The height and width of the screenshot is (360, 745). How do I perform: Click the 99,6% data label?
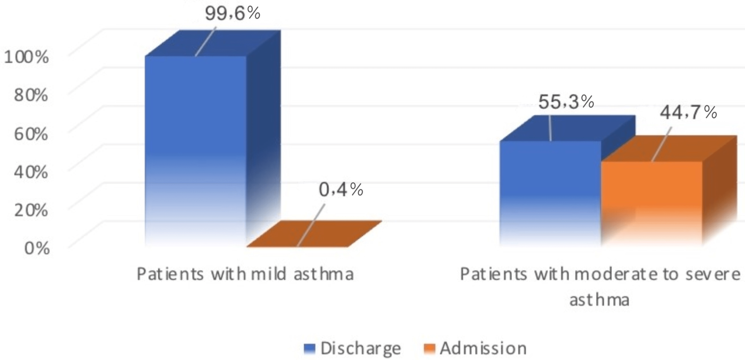coord(232,14)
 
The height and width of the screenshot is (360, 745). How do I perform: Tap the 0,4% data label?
coord(341,190)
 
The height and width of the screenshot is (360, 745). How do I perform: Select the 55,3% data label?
coord(566,102)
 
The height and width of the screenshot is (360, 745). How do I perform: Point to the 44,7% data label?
coord(688,112)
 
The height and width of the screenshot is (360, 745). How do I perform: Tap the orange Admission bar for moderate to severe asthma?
coord(652,202)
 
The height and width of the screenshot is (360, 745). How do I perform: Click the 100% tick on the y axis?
coord(26,57)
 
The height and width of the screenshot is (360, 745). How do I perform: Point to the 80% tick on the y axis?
coord(31,95)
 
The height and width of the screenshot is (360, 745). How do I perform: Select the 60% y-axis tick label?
coord(31,134)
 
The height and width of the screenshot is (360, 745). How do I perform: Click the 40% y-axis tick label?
coord(31,172)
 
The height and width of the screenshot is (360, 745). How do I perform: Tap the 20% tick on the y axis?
coord(31,210)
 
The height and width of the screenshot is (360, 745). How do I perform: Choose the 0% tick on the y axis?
coord(37,248)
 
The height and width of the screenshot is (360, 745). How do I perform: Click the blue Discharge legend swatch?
coord(309,348)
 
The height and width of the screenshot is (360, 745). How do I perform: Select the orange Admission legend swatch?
coord(429,348)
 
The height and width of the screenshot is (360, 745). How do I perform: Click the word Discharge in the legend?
coord(360,348)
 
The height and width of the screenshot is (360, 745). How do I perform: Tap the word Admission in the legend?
coord(483,348)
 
